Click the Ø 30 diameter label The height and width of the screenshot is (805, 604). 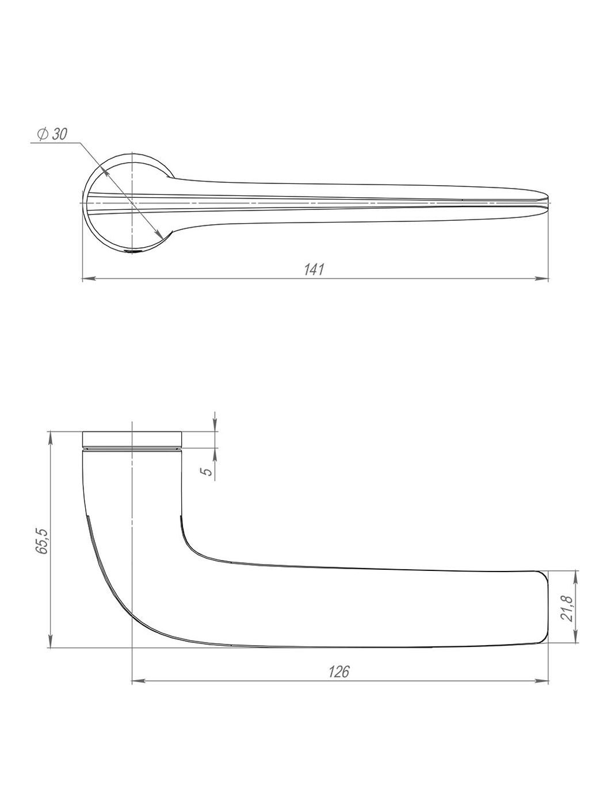[52, 135]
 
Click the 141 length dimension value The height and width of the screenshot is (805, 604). [315, 270]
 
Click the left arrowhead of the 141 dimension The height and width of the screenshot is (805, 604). [89, 279]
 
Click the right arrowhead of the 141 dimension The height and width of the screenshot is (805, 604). [542, 279]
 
